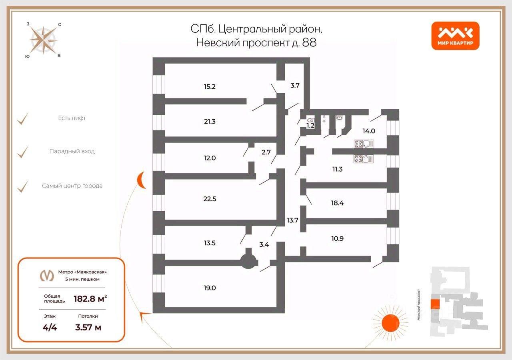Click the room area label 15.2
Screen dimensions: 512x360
click(210, 86)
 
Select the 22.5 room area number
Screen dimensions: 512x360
click(210, 199)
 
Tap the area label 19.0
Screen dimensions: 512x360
click(210, 288)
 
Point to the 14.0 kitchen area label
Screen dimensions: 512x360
click(368, 130)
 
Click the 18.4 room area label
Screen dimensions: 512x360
click(337, 203)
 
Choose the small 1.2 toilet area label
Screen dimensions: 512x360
click(310, 126)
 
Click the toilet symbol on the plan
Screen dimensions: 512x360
click(310, 120)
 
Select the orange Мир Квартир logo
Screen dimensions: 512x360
click(455, 36)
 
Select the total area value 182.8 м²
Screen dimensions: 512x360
click(90, 298)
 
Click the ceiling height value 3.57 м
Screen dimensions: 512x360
click(88, 327)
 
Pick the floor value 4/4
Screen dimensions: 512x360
click(50, 327)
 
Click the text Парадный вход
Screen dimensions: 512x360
click(72, 152)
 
